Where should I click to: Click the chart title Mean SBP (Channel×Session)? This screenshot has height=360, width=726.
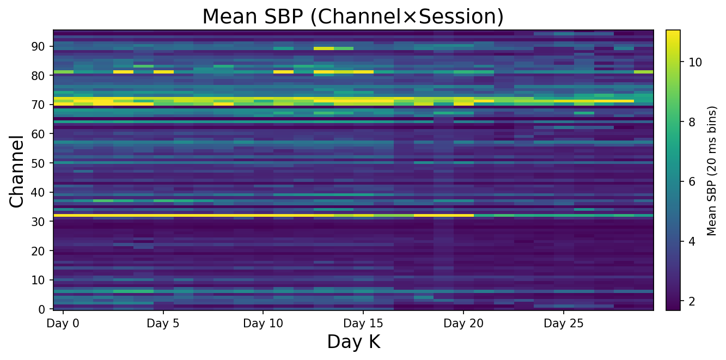click(353, 17)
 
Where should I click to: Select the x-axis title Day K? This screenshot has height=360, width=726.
click(353, 342)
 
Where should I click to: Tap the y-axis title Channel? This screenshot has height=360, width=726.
click(17, 171)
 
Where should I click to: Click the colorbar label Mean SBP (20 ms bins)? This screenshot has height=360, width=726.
click(712, 170)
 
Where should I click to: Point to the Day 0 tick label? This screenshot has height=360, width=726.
click(63, 324)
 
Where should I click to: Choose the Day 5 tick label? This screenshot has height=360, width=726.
click(163, 324)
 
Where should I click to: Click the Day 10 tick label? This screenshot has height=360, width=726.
click(263, 324)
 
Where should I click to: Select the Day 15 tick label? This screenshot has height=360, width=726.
click(363, 324)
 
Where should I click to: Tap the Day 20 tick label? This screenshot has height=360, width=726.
click(463, 324)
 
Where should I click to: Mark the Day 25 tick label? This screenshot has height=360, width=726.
click(564, 324)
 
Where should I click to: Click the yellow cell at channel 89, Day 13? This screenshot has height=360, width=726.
click(324, 48)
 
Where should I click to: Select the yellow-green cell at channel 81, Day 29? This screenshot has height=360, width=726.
click(644, 71)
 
